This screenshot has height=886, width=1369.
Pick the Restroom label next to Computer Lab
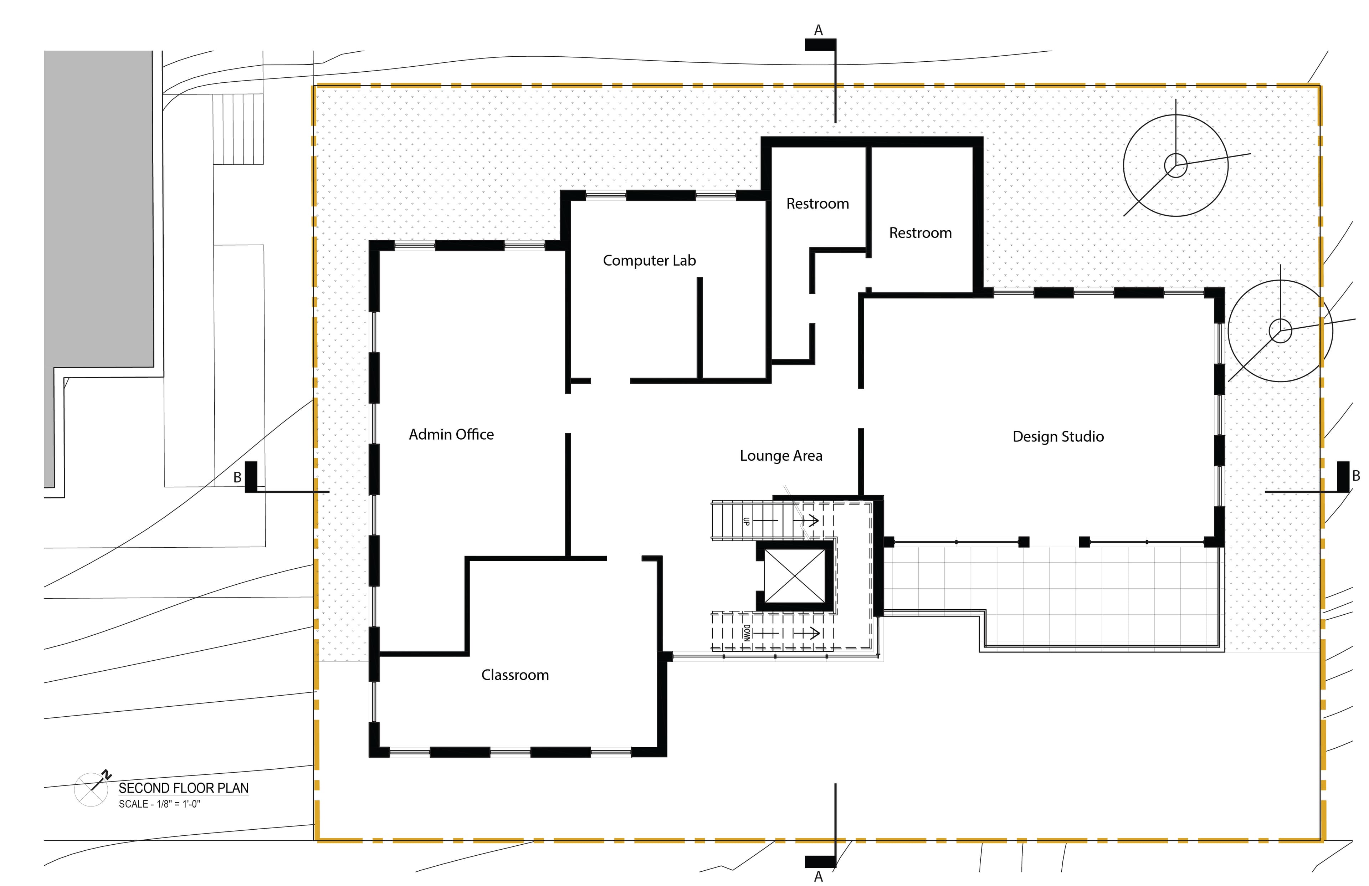pyautogui.click(x=817, y=204)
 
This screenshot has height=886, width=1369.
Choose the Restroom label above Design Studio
pyautogui.click(x=921, y=233)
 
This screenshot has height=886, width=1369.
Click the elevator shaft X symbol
pyautogui.click(x=794, y=576)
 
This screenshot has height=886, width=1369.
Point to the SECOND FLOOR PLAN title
pyautogui.click(x=184, y=788)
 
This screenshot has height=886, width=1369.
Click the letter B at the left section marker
pyautogui.click(x=237, y=477)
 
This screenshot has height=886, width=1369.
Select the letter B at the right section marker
pyautogui.click(x=1356, y=476)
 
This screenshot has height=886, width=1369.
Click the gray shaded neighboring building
pyautogui.click(x=98, y=230)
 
